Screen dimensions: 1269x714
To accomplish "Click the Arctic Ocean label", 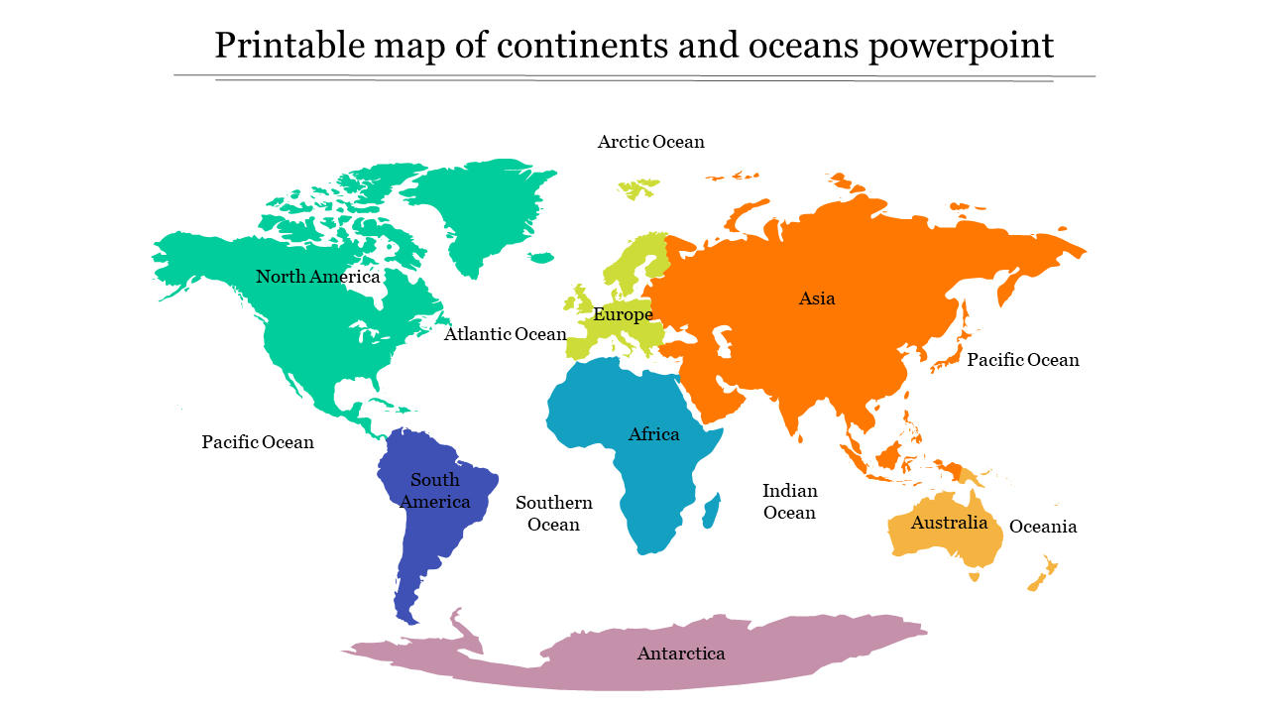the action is [x=650, y=142].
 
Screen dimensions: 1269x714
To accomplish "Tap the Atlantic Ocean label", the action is [x=505, y=334].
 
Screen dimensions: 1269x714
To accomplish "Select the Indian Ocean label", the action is [x=789, y=502].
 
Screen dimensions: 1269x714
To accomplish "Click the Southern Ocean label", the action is [x=553, y=514].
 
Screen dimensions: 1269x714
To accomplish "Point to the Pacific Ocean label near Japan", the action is [x=1022, y=360].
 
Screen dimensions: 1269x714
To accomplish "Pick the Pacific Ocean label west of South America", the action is [x=258, y=442].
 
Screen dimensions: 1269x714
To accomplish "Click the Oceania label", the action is [x=1042, y=527].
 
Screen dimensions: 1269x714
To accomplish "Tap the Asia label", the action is [x=817, y=298].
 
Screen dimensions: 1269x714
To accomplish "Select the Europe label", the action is [x=623, y=315].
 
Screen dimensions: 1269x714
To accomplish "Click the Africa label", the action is [x=653, y=434].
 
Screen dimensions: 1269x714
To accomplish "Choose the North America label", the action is [x=317, y=277].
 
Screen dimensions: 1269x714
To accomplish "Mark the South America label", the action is [x=435, y=491].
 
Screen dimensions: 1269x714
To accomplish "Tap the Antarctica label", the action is [x=680, y=654].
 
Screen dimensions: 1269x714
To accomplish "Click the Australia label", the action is [x=949, y=523].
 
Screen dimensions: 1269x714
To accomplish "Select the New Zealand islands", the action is [x=1043, y=574].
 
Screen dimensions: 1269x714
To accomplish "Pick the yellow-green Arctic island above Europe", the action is [x=637, y=186].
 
